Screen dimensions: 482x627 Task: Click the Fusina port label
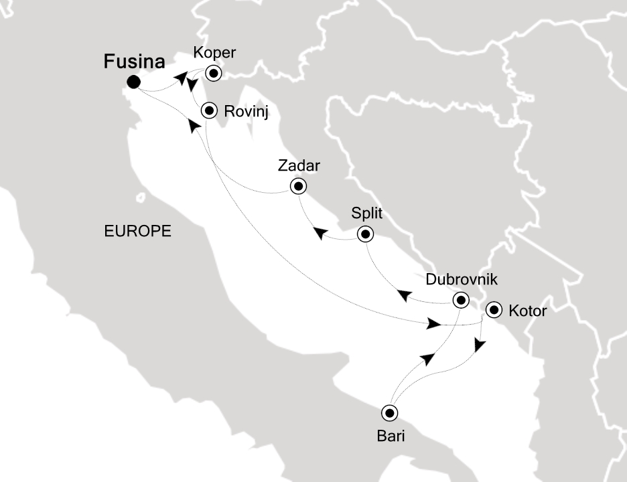134,62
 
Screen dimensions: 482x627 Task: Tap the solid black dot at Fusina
133,82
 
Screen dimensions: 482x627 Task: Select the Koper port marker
214,73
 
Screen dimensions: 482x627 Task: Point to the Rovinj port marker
210,109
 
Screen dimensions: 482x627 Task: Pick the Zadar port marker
297,186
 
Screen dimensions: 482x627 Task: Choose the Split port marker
365,234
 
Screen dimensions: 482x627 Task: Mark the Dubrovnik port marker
460,300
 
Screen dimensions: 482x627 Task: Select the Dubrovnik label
461,279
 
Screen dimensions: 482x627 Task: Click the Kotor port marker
494,310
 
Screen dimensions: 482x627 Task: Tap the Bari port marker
389,412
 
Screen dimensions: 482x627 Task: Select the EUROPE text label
138,231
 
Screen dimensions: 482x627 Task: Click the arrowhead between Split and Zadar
321,233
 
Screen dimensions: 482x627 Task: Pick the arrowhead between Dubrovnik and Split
405,295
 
